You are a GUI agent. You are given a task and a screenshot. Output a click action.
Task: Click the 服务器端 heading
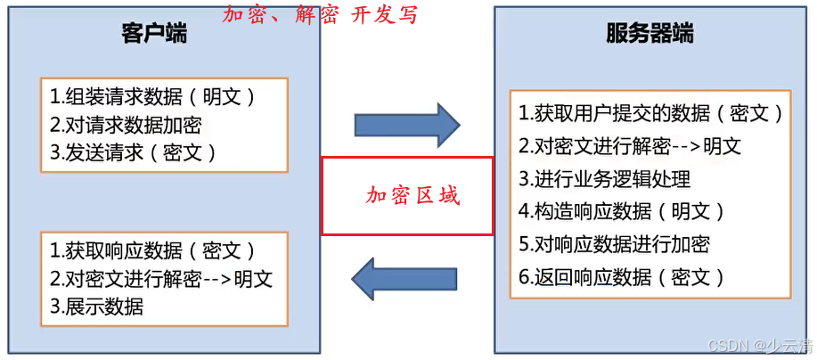[650, 36]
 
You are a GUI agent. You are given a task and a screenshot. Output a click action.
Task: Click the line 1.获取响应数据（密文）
[152, 250]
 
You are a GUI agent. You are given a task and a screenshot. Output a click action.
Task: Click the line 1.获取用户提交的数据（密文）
[651, 113]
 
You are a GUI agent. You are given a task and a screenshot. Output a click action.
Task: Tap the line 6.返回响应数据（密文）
[622, 277]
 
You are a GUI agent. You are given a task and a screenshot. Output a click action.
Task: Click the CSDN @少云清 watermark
[758, 345]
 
